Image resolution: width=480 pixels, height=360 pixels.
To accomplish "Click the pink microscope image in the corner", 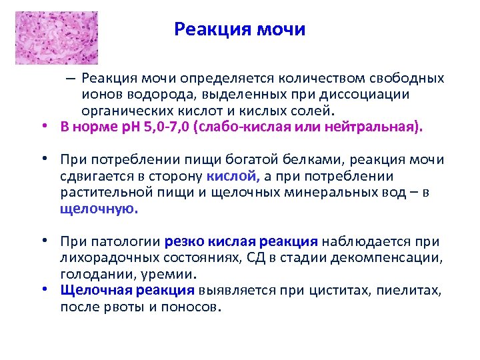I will pyautogui.click(x=56, y=37).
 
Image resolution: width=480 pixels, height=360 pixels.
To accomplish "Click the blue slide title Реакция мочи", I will pyautogui.click(x=239, y=30).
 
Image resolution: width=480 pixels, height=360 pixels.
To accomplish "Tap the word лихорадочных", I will pyautogui.click(x=103, y=258).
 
